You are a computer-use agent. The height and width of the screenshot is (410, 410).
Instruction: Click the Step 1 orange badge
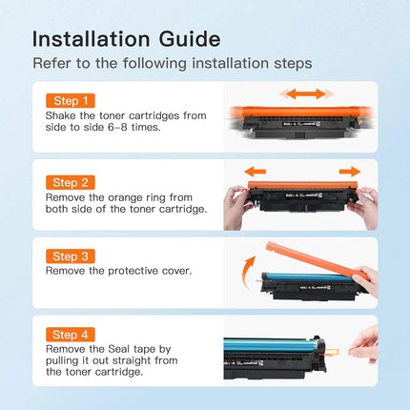(x=71, y=101)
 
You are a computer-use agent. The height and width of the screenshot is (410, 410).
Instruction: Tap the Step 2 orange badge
(x=71, y=182)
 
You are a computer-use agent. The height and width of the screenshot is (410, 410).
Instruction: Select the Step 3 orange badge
(x=71, y=256)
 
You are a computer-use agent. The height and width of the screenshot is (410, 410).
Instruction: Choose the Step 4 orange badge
(x=71, y=335)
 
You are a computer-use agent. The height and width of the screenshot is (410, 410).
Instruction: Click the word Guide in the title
(x=190, y=40)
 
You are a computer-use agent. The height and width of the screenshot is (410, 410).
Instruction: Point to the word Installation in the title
(x=91, y=39)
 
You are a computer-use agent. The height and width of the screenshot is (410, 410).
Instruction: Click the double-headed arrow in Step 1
(x=306, y=93)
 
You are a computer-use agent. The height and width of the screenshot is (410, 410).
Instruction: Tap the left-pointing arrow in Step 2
(x=255, y=172)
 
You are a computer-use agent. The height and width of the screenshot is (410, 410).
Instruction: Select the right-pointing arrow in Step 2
(x=350, y=172)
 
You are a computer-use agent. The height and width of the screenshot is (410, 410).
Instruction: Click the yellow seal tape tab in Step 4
(x=333, y=352)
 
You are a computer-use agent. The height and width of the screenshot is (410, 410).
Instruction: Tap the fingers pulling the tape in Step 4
(x=364, y=346)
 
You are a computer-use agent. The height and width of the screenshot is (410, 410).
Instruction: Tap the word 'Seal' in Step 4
(x=119, y=349)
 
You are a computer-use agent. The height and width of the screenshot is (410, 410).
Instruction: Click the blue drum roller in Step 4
(x=269, y=345)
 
